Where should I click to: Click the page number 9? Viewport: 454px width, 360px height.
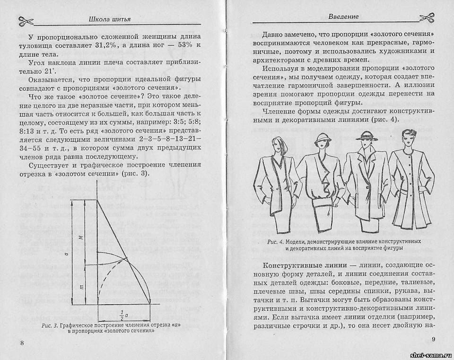(x=434, y=339)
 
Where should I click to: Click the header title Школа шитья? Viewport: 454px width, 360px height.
(x=109, y=19)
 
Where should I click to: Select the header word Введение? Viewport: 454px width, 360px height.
(x=343, y=17)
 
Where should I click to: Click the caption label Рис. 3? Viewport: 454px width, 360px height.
(x=50, y=325)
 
